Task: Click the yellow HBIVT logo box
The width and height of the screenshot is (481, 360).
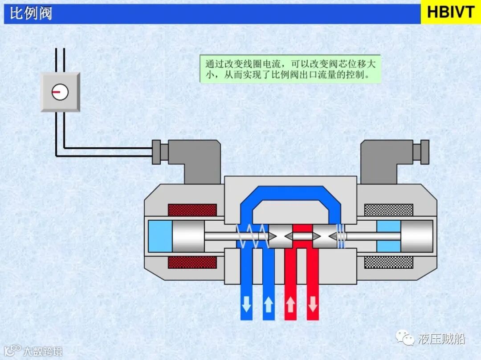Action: coord(451,12)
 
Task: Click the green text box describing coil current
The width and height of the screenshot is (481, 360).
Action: coord(290,69)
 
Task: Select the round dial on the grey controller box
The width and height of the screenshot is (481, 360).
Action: coord(60,92)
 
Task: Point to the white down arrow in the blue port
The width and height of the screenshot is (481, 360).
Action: coord(246,305)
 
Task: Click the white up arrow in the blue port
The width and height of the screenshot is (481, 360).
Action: coord(268,305)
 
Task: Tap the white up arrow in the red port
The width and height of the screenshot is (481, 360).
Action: coord(290,305)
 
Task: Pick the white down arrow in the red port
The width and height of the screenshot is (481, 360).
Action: coord(313,305)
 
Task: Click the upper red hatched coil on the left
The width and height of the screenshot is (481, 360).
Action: coord(192,210)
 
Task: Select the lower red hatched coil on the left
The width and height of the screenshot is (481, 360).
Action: coord(192,262)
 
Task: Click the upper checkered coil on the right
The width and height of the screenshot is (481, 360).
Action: coord(388,210)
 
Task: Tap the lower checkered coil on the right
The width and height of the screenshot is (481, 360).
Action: coord(388,262)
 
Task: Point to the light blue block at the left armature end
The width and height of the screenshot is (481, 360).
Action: coord(160,236)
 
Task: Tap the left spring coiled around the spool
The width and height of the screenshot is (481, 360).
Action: coord(252,236)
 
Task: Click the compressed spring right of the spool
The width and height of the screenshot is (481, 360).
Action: coord(341,236)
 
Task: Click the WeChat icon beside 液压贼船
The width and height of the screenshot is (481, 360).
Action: coord(408,340)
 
